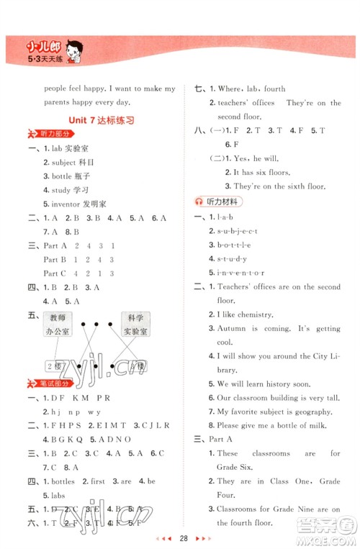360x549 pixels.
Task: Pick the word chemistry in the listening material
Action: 254,315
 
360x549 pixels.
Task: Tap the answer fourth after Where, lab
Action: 275,89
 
